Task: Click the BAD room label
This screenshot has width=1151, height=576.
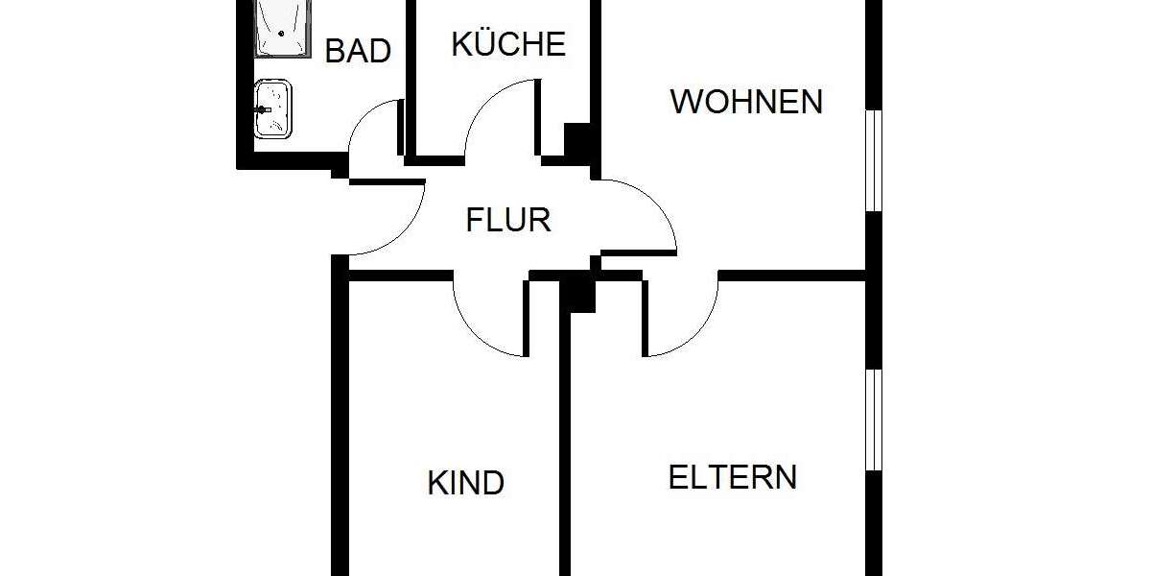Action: pos(358,50)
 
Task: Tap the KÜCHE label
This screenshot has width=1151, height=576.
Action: pos(508,44)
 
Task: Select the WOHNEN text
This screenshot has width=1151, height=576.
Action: pos(746,101)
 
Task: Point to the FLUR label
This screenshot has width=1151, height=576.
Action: pos(508,220)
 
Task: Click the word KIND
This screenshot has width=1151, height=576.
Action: pos(466,483)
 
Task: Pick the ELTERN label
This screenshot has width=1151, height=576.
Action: pos(732,477)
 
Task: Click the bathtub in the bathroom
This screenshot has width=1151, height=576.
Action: pos(283,27)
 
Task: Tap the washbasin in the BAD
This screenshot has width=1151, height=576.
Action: pos(273,109)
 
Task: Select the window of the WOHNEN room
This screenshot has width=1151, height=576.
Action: pos(873,159)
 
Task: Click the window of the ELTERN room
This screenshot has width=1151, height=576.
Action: pos(873,419)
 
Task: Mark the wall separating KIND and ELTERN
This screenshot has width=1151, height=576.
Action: pos(566,442)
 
